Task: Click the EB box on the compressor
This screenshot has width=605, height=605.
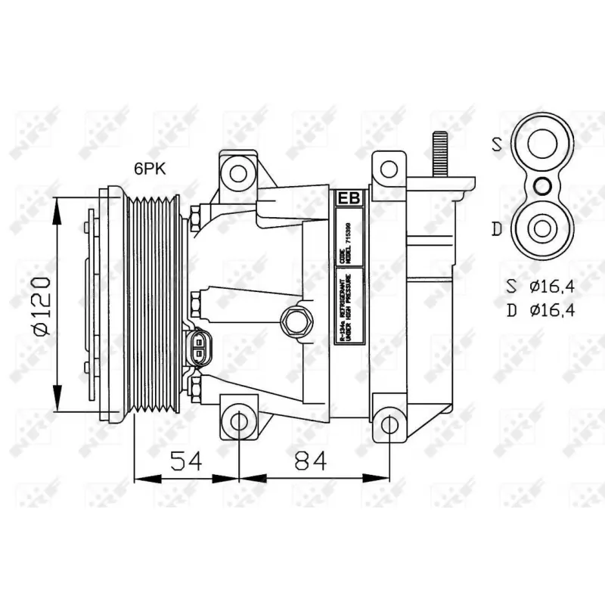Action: (x=349, y=198)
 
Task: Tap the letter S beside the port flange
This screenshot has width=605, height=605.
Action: (x=497, y=144)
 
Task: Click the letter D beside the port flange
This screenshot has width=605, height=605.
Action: (x=497, y=228)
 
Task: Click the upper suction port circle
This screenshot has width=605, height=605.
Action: (x=542, y=144)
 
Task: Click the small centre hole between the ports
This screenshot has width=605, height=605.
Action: (x=542, y=185)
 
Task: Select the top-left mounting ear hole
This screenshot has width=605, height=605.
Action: (x=238, y=173)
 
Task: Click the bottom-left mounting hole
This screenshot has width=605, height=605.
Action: (x=238, y=421)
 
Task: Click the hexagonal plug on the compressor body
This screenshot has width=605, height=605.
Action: (x=294, y=321)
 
